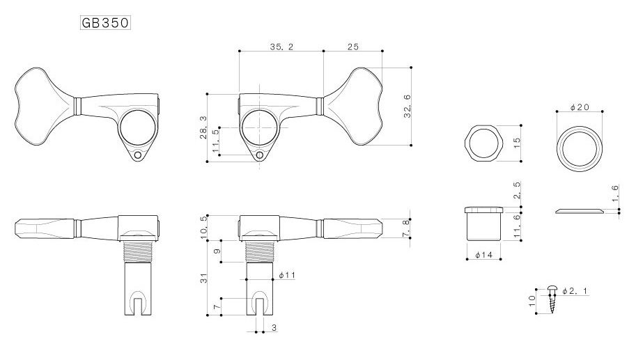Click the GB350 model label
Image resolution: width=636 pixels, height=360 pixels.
[x=105, y=23]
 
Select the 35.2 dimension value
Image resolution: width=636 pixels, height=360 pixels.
[x=281, y=47]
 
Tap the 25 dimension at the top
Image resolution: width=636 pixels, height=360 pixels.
[x=353, y=47]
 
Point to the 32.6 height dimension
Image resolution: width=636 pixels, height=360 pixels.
[x=408, y=107]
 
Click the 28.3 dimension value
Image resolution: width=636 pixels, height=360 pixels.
[x=203, y=127]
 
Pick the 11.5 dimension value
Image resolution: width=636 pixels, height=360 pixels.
[x=215, y=140]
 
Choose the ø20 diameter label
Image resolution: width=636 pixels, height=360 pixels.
[x=579, y=107]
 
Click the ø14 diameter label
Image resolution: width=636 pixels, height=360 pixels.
[x=483, y=255]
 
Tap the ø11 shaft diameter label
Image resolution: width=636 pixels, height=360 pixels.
[x=287, y=275]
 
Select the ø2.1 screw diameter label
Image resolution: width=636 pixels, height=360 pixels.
[x=574, y=290]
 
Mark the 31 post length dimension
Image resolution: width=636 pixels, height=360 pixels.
[x=203, y=278]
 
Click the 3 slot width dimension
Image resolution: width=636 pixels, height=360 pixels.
[x=274, y=327]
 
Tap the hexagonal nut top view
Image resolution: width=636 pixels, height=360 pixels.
[x=484, y=143]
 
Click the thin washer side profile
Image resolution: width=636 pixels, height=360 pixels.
[x=579, y=211]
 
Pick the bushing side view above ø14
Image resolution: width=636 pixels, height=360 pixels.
[x=484, y=224]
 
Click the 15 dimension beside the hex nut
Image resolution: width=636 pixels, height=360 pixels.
[x=517, y=143]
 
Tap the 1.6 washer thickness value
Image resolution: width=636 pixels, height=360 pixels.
[x=615, y=194]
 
